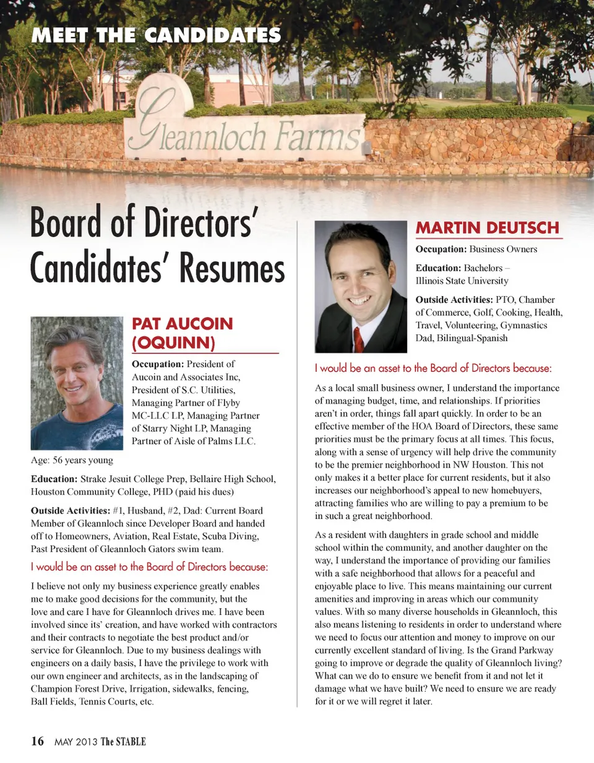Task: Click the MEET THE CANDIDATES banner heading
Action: tap(156, 35)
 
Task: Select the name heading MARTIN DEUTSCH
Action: tap(487, 228)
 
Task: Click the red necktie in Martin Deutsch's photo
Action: tap(358, 339)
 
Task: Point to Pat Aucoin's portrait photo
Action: tap(77, 383)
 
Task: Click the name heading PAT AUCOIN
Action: tap(183, 324)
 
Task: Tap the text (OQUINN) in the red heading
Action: tap(173, 342)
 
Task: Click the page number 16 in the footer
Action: tap(38, 741)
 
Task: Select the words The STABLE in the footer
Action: tap(123, 741)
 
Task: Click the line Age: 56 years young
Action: tap(72, 460)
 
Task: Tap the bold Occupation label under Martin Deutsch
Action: tap(441, 249)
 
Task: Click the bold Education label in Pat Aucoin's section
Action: tap(54, 479)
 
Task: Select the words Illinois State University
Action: tap(462, 281)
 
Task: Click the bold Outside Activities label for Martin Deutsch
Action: tap(454, 300)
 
